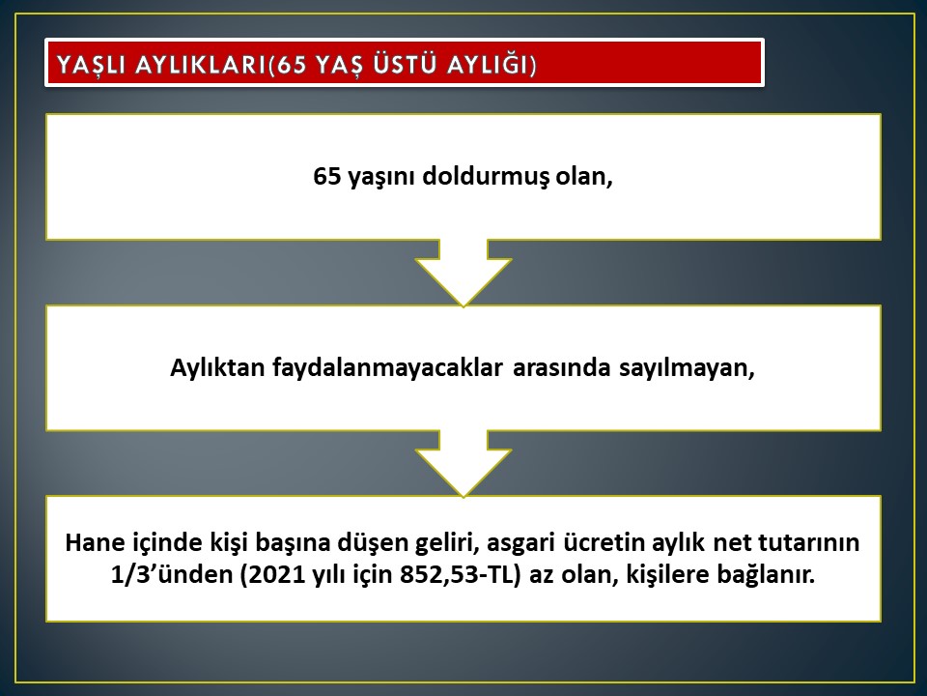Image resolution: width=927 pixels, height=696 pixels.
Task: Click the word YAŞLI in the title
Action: pos(91,65)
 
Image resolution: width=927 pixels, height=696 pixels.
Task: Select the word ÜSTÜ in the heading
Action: pos(404,64)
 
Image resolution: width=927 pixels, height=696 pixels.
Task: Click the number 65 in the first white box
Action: pos(327,176)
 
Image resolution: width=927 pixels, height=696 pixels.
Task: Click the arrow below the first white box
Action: pos(463,273)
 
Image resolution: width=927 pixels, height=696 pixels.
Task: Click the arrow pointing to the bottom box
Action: pos(463,463)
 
